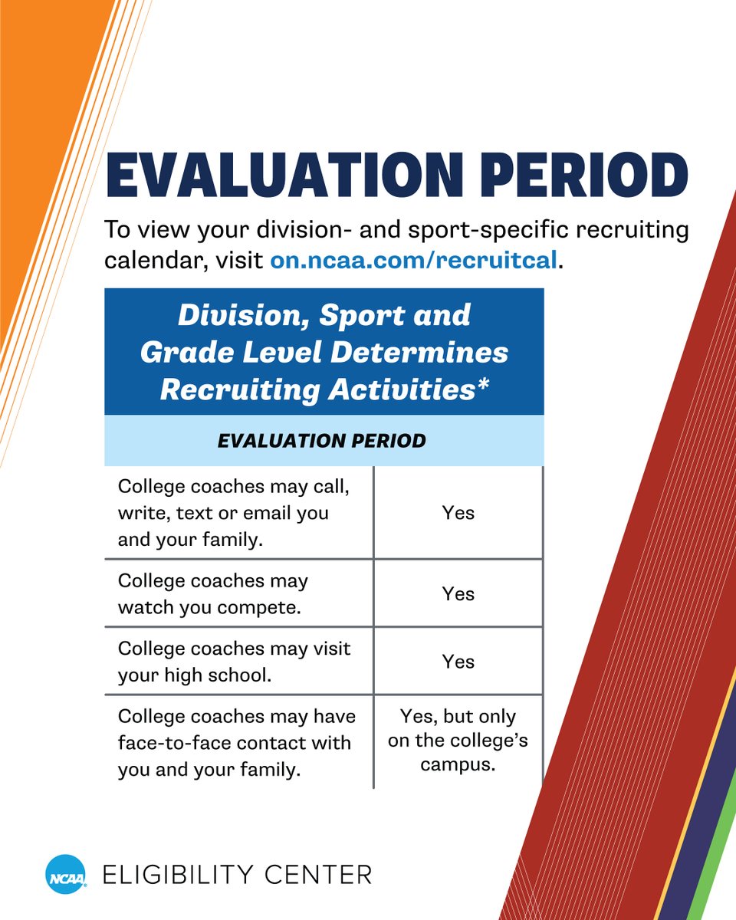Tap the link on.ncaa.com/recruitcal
coord(413,260)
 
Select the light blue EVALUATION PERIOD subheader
coord(322,441)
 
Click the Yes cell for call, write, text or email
coord(458,513)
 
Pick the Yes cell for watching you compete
coord(458,593)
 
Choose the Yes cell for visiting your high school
coord(458,661)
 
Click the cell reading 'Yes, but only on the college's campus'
coord(458,741)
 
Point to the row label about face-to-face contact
coord(236,743)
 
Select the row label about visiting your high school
coord(234,662)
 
